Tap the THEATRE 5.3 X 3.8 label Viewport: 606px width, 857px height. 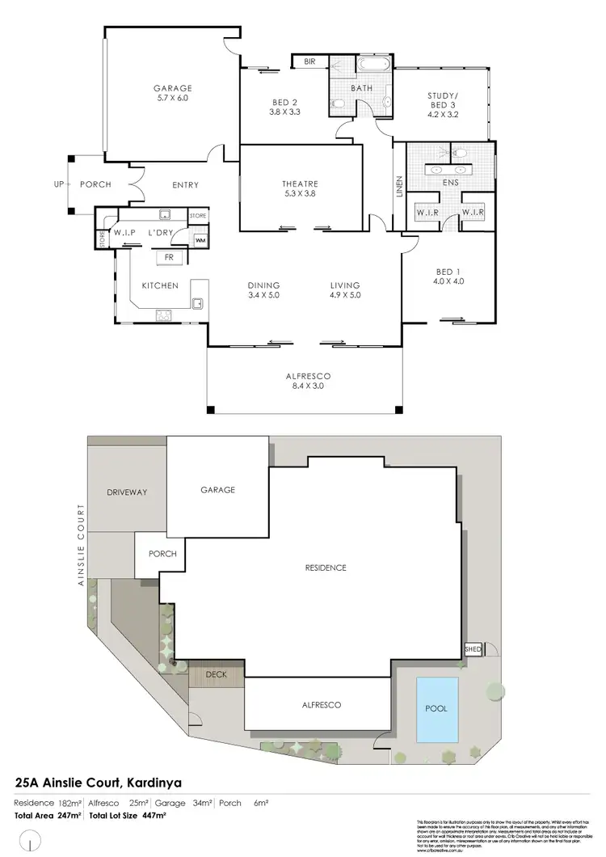[300, 188]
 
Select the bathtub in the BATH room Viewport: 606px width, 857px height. [373, 64]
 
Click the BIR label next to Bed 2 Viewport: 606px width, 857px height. [309, 61]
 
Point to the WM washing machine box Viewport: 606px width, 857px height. [200, 241]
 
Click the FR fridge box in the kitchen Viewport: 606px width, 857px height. [169, 258]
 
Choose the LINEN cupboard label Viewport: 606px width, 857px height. [398, 185]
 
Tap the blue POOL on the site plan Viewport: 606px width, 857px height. [436, 708]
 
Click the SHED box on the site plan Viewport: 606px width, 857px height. [472, 649]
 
